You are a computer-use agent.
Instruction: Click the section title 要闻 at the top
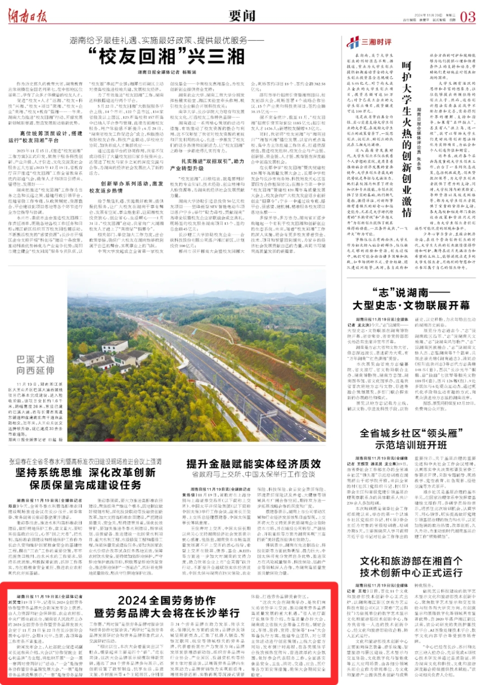tap(242, 16)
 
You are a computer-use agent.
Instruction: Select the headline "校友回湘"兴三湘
tap(167, 57)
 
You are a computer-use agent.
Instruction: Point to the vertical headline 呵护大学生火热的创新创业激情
tap(406, 139)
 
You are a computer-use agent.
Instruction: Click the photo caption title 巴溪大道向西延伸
tap(35, 365)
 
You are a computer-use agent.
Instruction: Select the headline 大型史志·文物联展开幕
tap(411, 306)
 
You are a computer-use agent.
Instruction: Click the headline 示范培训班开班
tap(411, 445)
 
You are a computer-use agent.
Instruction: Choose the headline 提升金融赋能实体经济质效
tap(253, 464)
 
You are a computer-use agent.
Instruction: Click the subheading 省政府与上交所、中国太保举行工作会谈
tap(253, 474)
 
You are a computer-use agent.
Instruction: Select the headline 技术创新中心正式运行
tap(411, 573)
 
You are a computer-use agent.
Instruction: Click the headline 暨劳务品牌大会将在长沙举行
tap(167, 613)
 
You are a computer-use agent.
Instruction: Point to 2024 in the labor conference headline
tap(132, 600)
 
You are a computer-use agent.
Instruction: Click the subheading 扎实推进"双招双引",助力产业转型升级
tap(207, 164)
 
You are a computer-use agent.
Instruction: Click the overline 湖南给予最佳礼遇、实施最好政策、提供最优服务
tap(167, 40)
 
